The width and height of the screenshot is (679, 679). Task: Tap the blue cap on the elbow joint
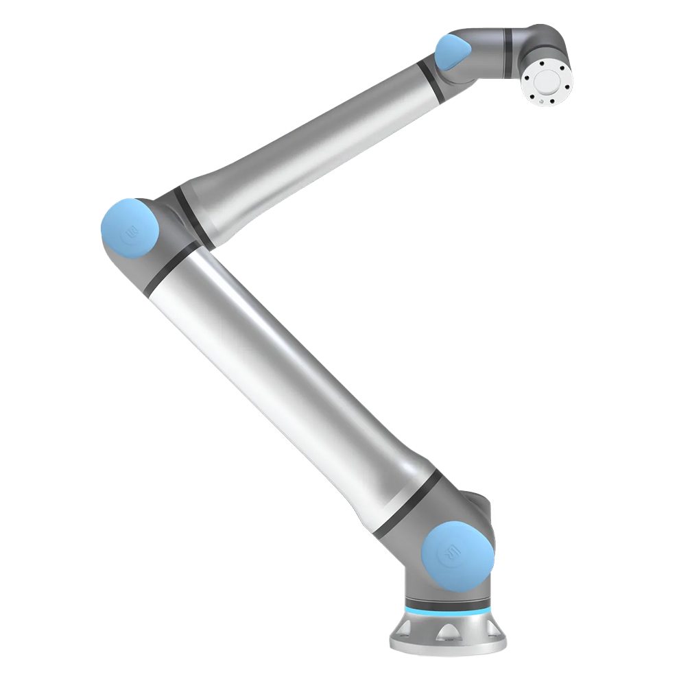130,228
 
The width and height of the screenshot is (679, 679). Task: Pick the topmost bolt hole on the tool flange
547,62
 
